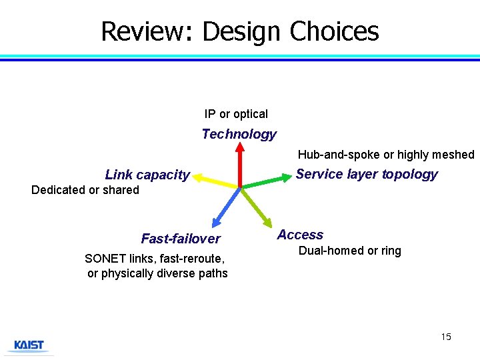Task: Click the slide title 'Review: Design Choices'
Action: [239, 31]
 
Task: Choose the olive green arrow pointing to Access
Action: [255, 207]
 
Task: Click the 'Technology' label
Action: [239, 134]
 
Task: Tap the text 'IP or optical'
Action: [236, 114]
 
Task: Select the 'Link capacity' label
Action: [147, 175]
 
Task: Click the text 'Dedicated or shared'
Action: [85, 190]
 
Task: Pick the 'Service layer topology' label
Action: [367, 174]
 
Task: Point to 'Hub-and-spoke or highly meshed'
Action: [385, 155]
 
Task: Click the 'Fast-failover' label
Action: [181, 239]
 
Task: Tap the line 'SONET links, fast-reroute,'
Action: [155, 258]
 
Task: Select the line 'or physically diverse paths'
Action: [157, 273]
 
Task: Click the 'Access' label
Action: [300, 235]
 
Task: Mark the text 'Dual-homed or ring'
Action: [349, 251]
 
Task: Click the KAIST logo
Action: [29, 345]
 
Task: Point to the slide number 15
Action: [446, 337]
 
